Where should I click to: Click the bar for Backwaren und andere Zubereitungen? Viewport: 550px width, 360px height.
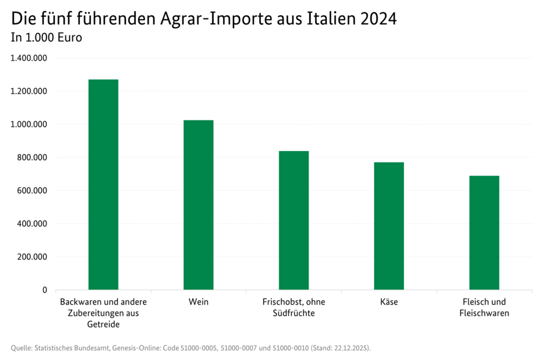coord(103,185)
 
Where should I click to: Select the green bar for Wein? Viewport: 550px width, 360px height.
coord(199,205)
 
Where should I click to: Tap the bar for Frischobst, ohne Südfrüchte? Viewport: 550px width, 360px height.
coord(294,220)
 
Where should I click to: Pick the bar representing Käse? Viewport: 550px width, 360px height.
coord(389,226)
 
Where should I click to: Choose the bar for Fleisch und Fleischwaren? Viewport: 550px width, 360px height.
coord(484,232)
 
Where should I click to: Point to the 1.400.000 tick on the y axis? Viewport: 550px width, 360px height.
coord(29,58)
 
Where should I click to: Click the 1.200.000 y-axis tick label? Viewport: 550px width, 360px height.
coord(29,91)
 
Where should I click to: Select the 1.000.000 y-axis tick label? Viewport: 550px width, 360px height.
coord(29,124)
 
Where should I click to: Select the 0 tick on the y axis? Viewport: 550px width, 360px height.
coord(45,290)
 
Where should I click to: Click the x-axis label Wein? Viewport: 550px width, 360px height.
coord(199,302)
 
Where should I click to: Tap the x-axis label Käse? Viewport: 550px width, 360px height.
coord(389,302)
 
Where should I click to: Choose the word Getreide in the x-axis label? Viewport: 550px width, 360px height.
coord(103,324)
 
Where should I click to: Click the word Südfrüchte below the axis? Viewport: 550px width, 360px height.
coord(294,313)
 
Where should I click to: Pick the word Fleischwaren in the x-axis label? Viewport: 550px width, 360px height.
coord(484,313)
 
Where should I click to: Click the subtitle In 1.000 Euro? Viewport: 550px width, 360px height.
coord(46,37)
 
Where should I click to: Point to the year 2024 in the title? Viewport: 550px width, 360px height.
coord(378,18)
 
